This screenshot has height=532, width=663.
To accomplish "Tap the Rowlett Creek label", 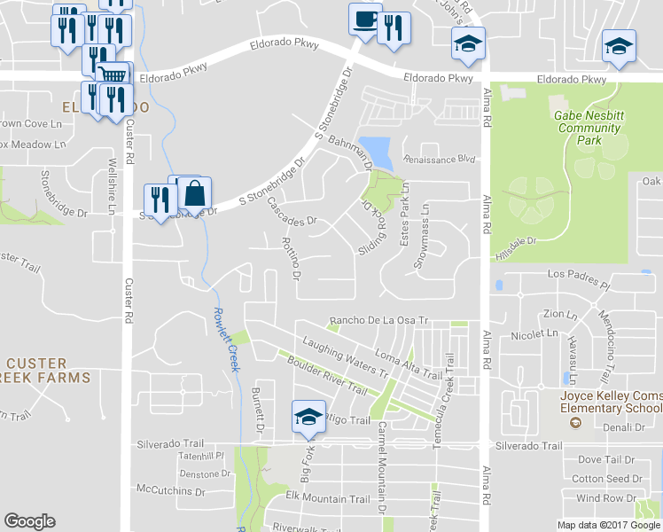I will pos(225,339).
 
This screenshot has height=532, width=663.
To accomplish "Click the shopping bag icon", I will pos(195,192).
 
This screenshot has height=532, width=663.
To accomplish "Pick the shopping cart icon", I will pos(112,74).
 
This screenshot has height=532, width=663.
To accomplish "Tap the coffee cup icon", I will pos(365,20).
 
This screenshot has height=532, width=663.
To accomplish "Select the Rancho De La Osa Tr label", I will pos(378,320).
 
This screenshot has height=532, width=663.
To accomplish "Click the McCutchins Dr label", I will pos(171,489).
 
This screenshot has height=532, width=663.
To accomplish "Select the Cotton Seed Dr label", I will pos(607,479).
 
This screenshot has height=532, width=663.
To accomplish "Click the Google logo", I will pos(29,521).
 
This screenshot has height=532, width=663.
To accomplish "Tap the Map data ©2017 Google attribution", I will pos(609,525).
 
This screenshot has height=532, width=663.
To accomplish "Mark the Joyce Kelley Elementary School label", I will pos(612,401).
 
